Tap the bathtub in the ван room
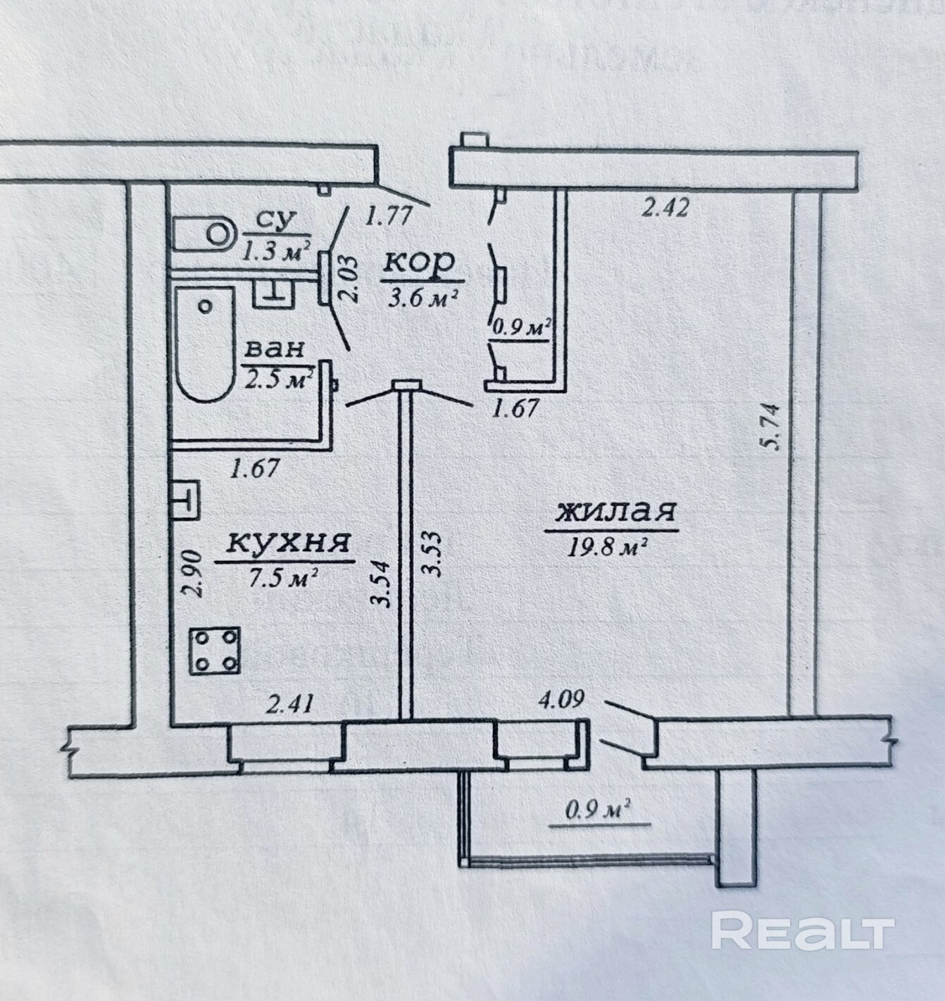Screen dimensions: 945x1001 point(204,344)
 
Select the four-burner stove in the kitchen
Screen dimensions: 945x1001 point(215,650)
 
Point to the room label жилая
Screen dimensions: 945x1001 point(616,512)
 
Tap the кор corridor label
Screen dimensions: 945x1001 point(419,263)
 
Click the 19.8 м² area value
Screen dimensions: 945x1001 point(607,547)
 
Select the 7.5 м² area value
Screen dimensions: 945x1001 point(284,579)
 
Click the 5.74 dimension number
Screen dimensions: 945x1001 point(774,424)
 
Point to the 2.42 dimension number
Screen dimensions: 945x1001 point(664,208)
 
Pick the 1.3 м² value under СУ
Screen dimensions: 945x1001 point(277,251)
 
